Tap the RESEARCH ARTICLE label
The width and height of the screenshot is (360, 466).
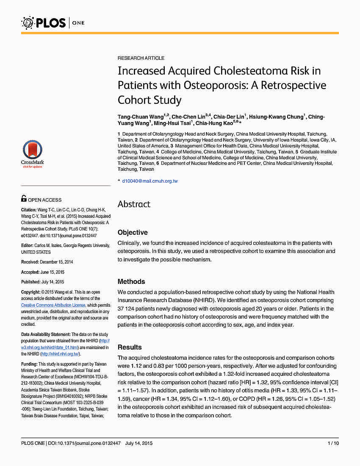pyautogui.click(x=141, y=58)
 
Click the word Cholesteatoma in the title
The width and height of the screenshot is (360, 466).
pyautogui.click(x=244, y=70)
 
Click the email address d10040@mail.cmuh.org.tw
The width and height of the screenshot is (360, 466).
pyautogui.click(x=150, y=181)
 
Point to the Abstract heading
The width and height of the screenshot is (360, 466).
pyautogui.click(x=134, y=204)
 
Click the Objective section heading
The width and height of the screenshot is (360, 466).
pyautogui.click(x=133, y=232)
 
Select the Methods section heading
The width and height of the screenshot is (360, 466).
pyautogui.click(x=131, y=281)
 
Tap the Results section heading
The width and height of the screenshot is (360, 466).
pyautogui.click(x=130, y=347)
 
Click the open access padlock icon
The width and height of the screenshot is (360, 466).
pyautogui.click(x=24, y=198)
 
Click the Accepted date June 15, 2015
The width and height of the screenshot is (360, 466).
pyautogui.click(x=54, y=272)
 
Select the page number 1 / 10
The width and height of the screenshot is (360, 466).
pyautogui.click(x=333, y=443)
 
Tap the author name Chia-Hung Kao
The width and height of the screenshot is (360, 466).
pyautogui.click(x=215, y=123)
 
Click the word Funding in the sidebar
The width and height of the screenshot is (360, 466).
pyautogui.click(x=29, y=364)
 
